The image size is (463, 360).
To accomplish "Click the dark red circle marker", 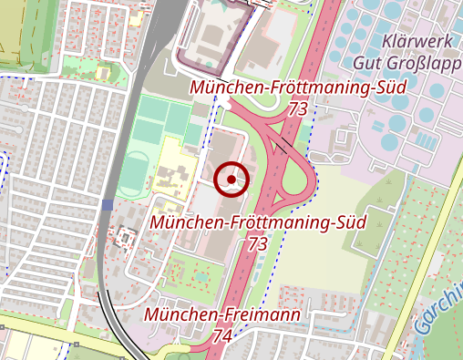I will [x=232, y=180].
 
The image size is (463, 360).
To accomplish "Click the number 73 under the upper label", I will [x=296, y=108].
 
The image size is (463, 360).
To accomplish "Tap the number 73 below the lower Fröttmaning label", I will [x=258, y=243].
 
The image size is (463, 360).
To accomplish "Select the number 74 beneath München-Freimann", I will [x=221, y=335].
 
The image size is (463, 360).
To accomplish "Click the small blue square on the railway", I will [x=108, y=205].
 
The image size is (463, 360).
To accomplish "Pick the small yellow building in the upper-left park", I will [x=137, y=17].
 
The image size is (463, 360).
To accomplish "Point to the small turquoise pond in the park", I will [x=201, y=273].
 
